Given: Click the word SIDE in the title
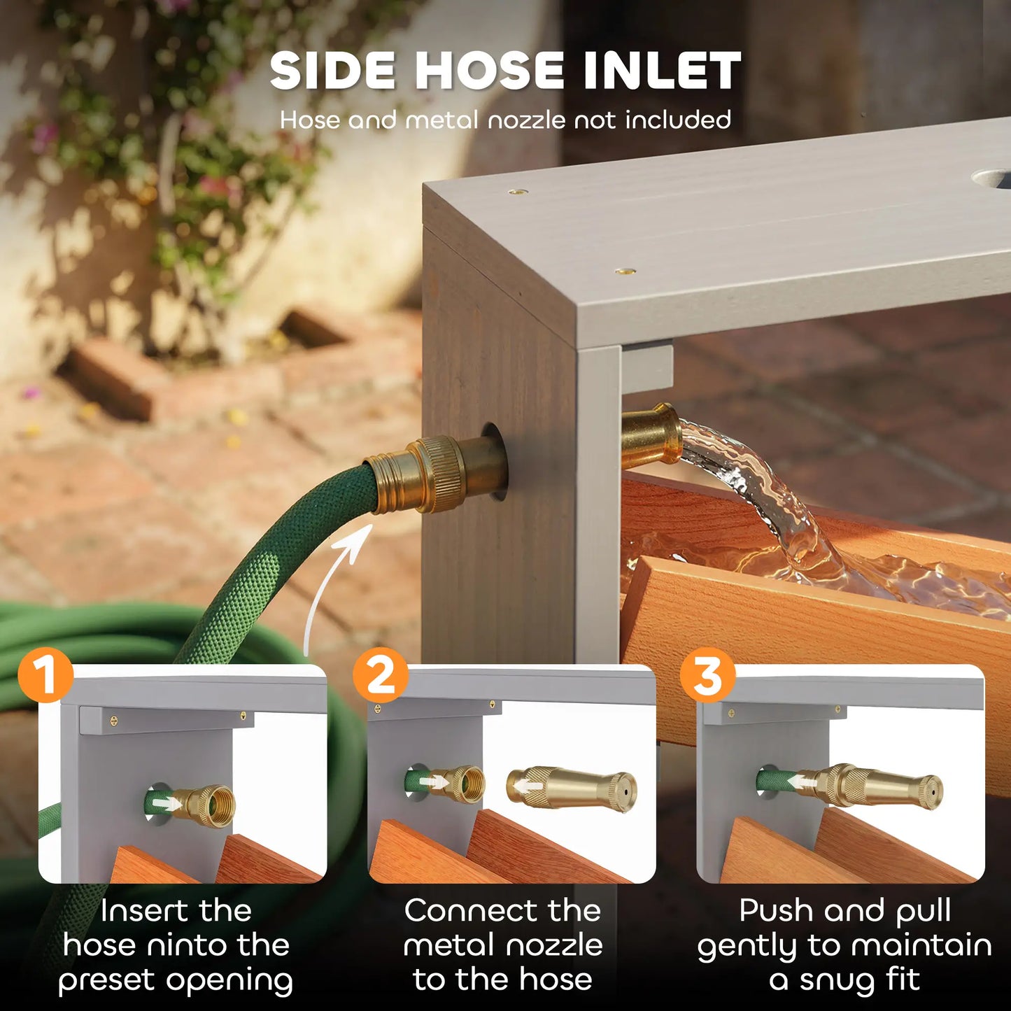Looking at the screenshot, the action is click(332, 70).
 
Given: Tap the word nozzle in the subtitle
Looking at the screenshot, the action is click(527, 120).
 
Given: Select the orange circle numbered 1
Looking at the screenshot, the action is click(45, 674).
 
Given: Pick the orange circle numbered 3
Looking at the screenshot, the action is click(708, 674).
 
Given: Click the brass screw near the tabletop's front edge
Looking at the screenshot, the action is click(625, 271).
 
